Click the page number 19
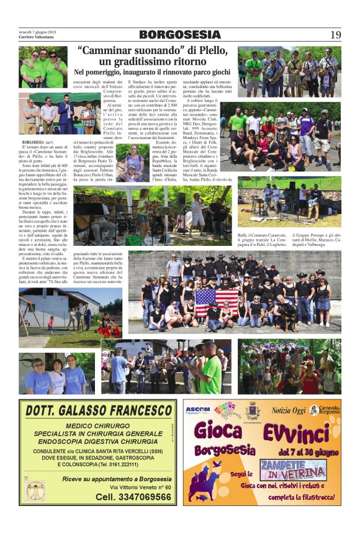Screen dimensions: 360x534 coord(335,35)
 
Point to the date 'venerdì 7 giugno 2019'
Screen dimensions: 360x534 coord(37,31)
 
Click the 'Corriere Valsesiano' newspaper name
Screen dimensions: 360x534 coord(38,37)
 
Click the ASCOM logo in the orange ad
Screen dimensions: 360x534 coord(199,410)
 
